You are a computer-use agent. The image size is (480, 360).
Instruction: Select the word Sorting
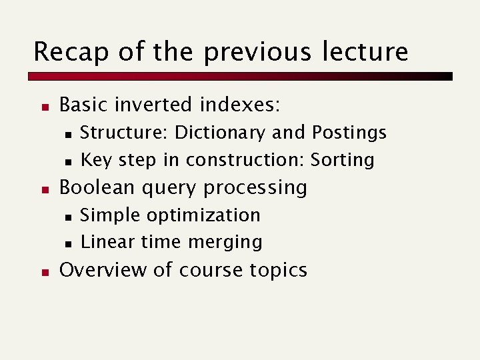click(343, 160)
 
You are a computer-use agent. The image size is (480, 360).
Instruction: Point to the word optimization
click(203, 215)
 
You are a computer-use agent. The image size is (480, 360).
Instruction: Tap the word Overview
click(99, 270)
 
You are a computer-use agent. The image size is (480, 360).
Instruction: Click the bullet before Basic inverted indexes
click(42, 106)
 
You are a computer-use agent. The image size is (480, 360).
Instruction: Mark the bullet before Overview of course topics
click(42, 271)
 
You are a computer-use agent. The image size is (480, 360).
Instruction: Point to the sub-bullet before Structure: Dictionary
click(68, 134)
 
